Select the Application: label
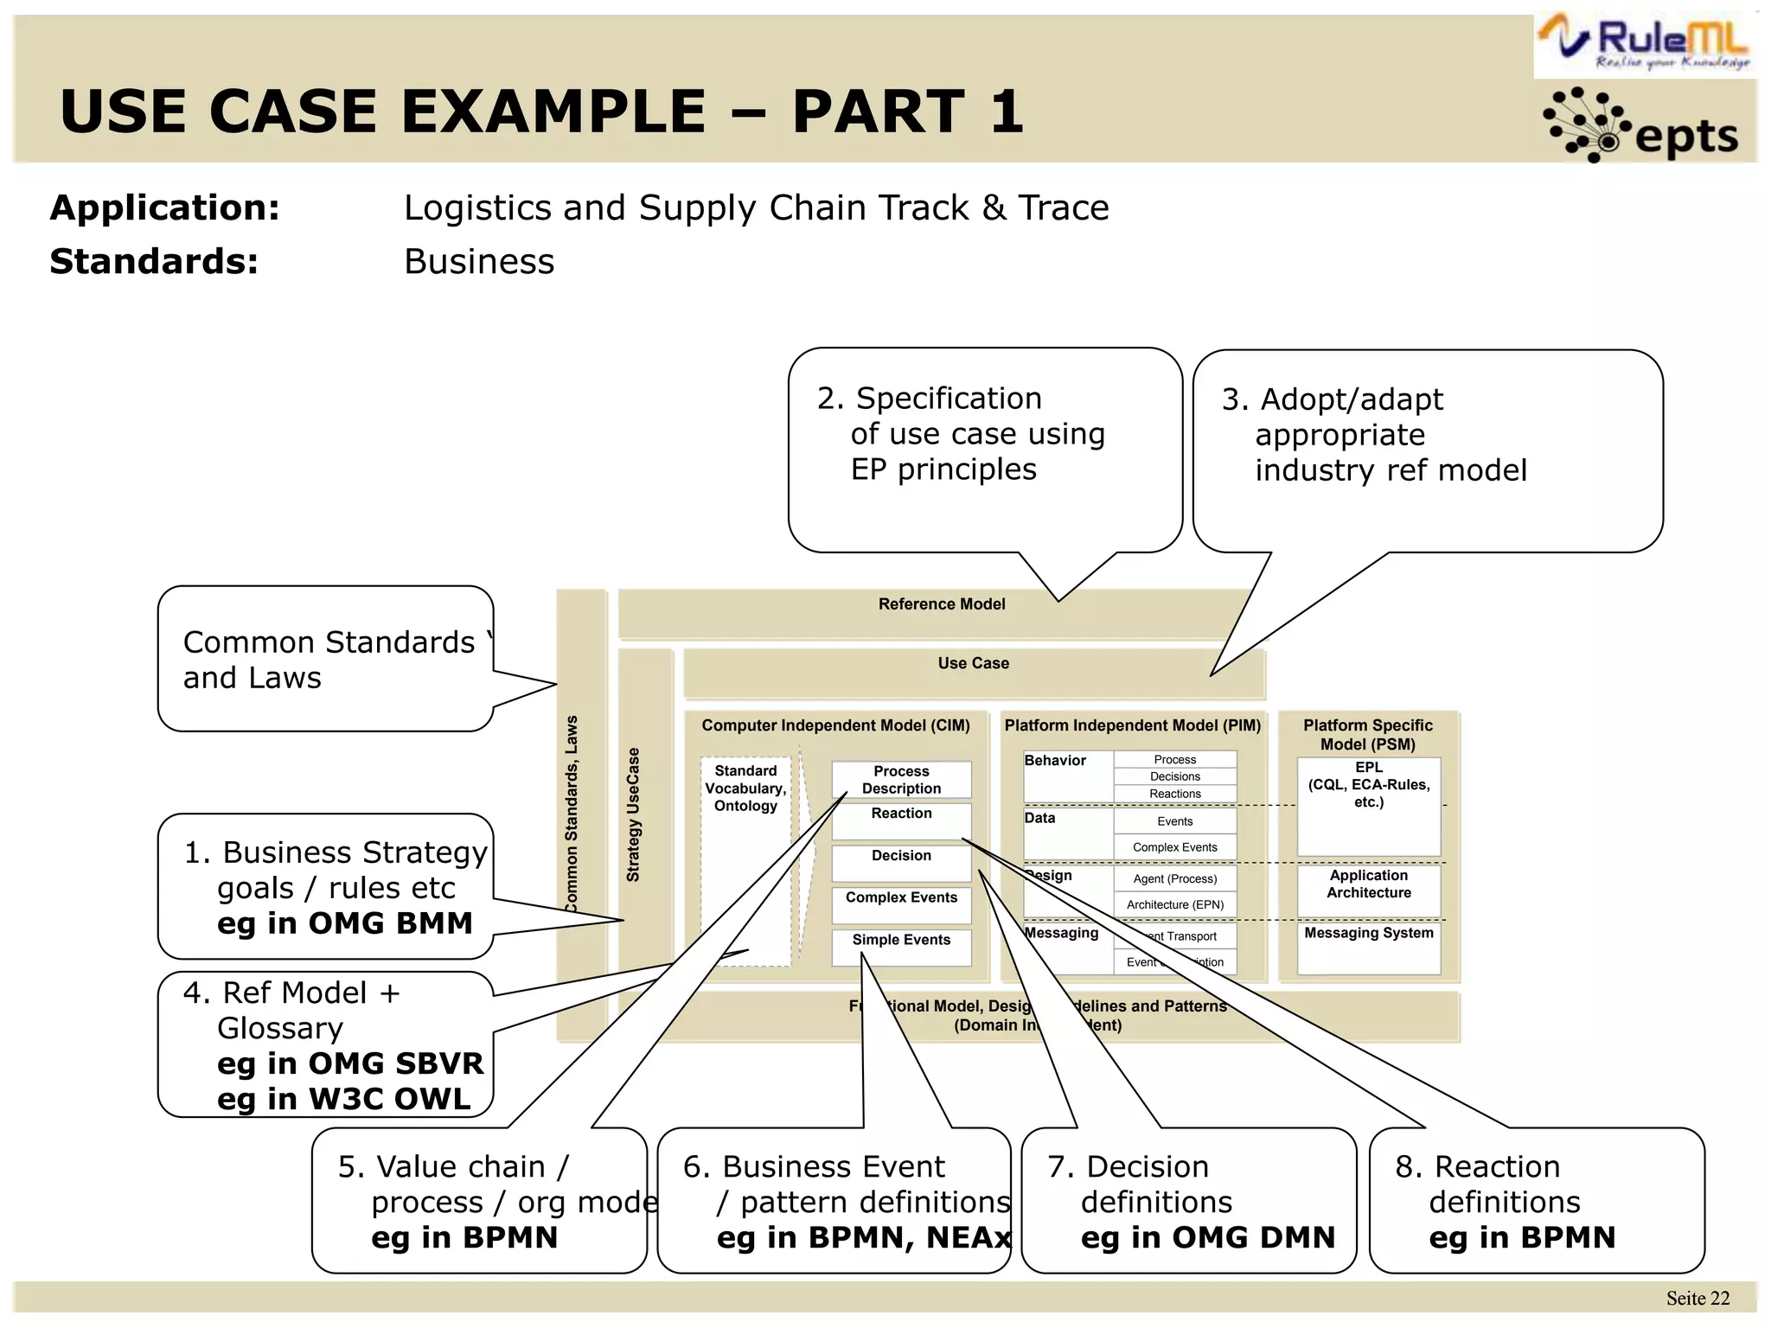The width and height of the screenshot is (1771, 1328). click(165, 208)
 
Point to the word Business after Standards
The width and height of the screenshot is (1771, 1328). click(479, 262)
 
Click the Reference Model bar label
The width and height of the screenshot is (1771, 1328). click(941, 604)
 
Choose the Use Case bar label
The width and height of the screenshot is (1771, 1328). click(973, 663)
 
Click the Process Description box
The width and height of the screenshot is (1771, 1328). click(901, 780)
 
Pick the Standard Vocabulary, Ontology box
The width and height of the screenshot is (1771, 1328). click(745, 788)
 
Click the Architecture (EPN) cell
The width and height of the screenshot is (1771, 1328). click(1174, 905)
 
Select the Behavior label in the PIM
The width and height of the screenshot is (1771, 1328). click(1055, 761)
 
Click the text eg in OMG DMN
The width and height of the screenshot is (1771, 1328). click(1207, 1237)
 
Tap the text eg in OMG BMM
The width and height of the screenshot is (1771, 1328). click(344, 923)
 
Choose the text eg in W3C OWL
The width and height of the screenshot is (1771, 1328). click(344, 1099)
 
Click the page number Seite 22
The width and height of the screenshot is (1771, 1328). click(1697, 1298)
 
